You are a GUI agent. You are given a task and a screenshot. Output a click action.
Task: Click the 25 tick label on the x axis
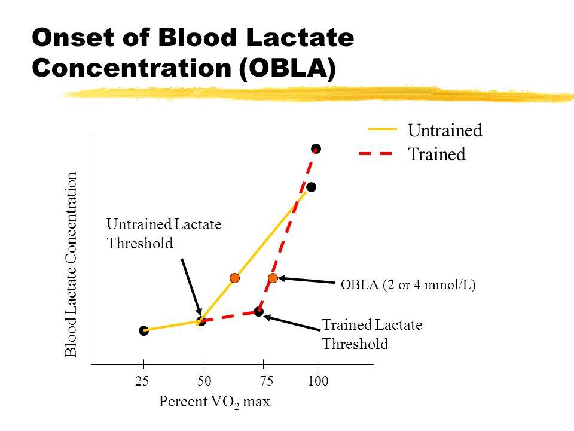click(x=143, y=381)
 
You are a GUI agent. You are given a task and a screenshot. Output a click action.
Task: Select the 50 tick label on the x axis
click(x=201, y=381)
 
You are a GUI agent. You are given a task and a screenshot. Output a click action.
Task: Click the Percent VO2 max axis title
click(x=215, y=402)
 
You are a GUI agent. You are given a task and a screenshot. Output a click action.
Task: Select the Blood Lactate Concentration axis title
click(x=72, y=265)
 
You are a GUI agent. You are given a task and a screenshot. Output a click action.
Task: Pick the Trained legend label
click(x=436, y=154)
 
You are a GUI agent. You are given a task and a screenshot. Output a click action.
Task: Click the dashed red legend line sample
click(x=375, y=154)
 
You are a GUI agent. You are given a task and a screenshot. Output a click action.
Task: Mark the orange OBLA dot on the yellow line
click(x=235, y=278)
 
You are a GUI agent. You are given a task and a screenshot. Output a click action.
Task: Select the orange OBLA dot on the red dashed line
click(x=273, y=278)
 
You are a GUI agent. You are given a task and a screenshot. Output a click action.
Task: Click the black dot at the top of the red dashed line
click(x=316, y=148)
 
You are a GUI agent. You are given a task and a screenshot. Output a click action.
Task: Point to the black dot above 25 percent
click(x=143, y=330)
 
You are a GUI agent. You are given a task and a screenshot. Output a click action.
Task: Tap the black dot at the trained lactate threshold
click(x=258, y=312)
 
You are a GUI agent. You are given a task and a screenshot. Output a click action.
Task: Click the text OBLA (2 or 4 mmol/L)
click(x=408, y=286)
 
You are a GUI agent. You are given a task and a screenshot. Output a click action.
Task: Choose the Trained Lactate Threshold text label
click(x=372, y=335)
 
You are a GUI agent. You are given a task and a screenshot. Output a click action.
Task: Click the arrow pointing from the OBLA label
click(x=306, y=280)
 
